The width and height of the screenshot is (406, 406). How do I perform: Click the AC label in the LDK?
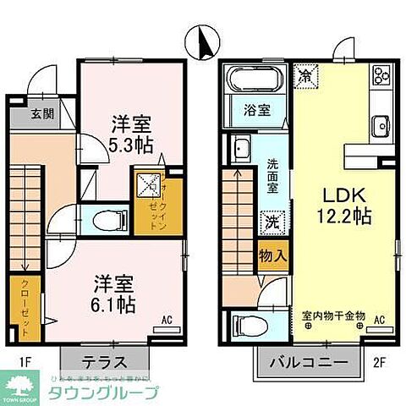[380, 318]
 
